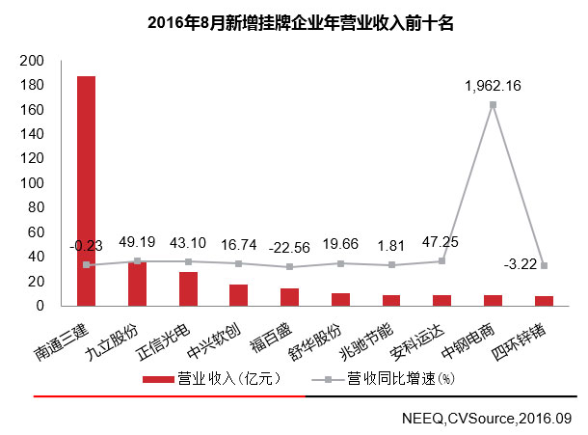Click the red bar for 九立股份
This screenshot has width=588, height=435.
tap(138, 284)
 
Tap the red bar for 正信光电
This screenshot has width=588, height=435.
tap(188, 288)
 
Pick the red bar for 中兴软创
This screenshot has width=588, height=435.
tap(239, 294)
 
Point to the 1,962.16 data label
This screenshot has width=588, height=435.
tap(492, 86)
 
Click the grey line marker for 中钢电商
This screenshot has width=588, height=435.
tap(493, 104)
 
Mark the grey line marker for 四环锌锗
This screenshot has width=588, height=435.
tap(544, 266)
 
